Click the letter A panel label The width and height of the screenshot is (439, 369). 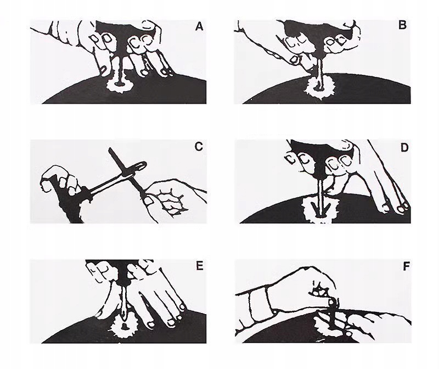pyautogui.click(x=199, y=26)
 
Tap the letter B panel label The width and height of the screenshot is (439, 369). pyautogui.click(x=402, y=25)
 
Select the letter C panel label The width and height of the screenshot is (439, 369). pyautogui.click(x=199, y=147)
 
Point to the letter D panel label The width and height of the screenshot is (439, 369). pyautogui.click(x=404, y=147)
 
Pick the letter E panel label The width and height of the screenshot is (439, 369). pyautogui.click(x=199, y=266)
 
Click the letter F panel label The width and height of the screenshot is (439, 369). pyautogui.click(x=406, y=266)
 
